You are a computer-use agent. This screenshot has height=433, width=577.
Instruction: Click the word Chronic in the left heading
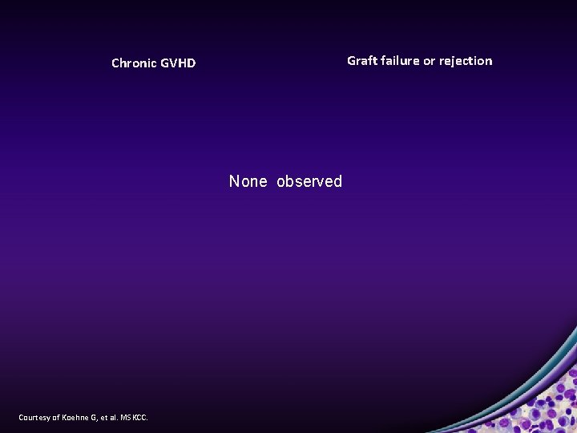tap(134, 63)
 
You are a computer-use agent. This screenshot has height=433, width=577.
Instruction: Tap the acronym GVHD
tap(178, 63)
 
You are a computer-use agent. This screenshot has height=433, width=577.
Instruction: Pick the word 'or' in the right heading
tap(430, 61)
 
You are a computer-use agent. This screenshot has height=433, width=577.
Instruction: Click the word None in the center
tap(248, 181)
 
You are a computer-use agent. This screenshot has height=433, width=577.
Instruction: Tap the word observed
tap(309, 181)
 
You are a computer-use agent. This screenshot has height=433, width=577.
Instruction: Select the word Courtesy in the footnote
tap(35, 417)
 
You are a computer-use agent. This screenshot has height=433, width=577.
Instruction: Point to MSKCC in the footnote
tap(133, 417)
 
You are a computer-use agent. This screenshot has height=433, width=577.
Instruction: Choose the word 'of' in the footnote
tap(56, 417)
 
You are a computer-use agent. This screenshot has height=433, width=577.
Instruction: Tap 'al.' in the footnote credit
tap(112, 417)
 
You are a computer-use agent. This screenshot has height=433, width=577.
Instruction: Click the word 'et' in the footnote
tap(103, 417)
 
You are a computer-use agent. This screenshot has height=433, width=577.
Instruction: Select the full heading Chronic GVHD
tap(153, 63)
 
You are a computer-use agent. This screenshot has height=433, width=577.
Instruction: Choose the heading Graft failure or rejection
tap(419, 61)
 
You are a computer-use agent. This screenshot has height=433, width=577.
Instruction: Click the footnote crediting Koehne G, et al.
tap(83, 417)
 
